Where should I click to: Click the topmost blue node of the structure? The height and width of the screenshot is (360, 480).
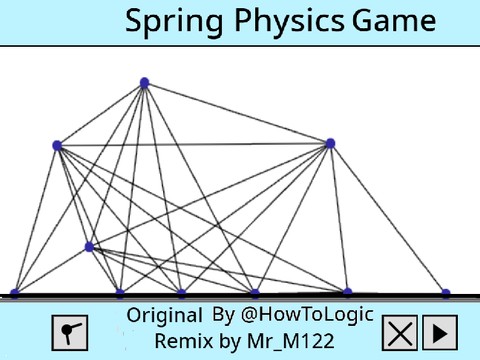pyautogui.click(x=144, y=83)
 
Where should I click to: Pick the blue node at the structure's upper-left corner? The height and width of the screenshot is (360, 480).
pyautogui.click(x=57, y=146)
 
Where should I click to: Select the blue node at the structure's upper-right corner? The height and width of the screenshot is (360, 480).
pyautogui.click(x=330, y=144)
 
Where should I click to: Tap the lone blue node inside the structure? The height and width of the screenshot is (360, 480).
pyautogui.click(x=89, y=246)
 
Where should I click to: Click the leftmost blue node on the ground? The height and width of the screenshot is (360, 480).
pyautogui.click(x=14, y=293)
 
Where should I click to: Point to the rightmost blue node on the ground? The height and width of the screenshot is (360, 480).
pyautogui.click(x=446, y=293)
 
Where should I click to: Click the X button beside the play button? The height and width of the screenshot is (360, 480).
pyautogui.click(x=399, y=332)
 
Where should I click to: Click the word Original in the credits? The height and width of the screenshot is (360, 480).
pyautogui.click(x=165, y=316)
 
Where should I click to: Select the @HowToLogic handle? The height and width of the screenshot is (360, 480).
pyautogui.click(x=306, y=315)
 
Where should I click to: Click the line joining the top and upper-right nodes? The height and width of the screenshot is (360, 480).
pyautogui.click(x=237, y=113)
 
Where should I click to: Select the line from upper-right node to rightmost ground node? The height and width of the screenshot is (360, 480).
pyautogui.click(x=388, y=218)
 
